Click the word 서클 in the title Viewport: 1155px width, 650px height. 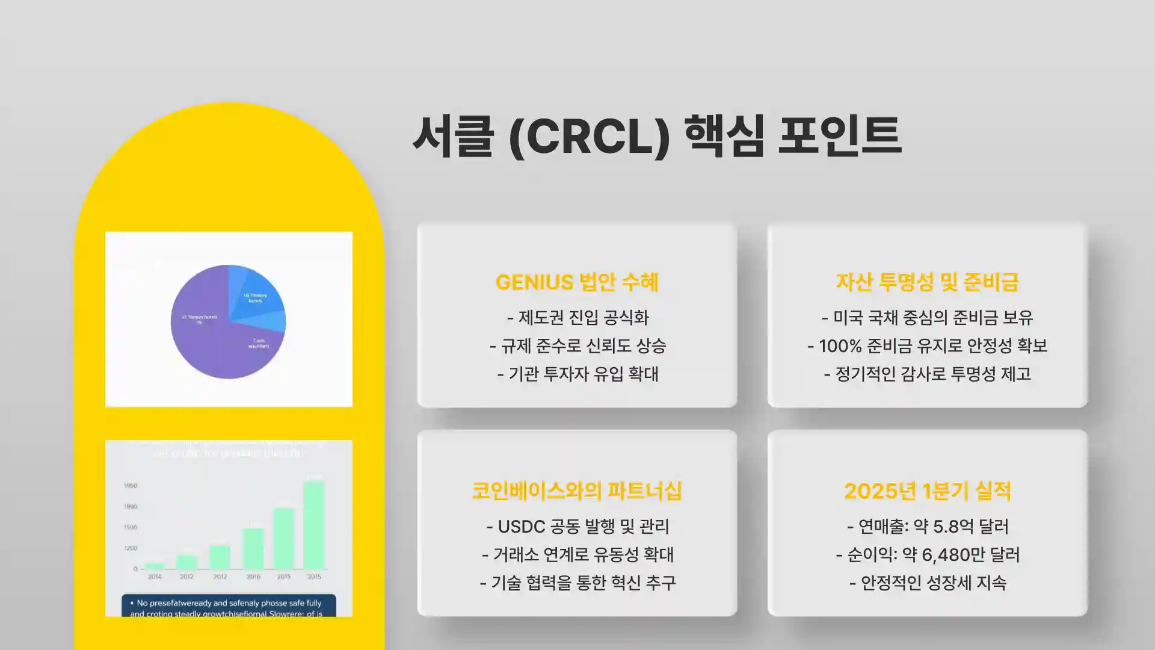coord(453,136)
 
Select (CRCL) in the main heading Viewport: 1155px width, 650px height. coord(589,137)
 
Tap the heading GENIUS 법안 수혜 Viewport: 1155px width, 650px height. coord(577,282)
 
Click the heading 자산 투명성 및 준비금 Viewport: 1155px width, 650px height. coord(927,282)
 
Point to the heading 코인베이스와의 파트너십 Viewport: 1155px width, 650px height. coord(577,491)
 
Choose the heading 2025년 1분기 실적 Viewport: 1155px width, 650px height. coord(927,491)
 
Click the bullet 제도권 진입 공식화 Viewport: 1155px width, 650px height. coord(583,317)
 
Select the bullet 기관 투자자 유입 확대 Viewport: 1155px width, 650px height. coord(583,374)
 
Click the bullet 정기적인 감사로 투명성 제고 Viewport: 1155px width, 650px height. coord(933,374)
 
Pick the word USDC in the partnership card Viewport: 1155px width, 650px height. coord(522,527)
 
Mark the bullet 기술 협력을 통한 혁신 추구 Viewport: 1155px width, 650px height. coord(583,583)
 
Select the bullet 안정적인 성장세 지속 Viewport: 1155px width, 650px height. coord(933,583)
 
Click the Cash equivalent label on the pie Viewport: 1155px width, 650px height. coord(259,343)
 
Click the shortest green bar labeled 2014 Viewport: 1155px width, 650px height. coord(155,566)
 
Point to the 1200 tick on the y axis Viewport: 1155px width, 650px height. coord(131,548)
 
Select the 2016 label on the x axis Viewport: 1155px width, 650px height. coord(253,577)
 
